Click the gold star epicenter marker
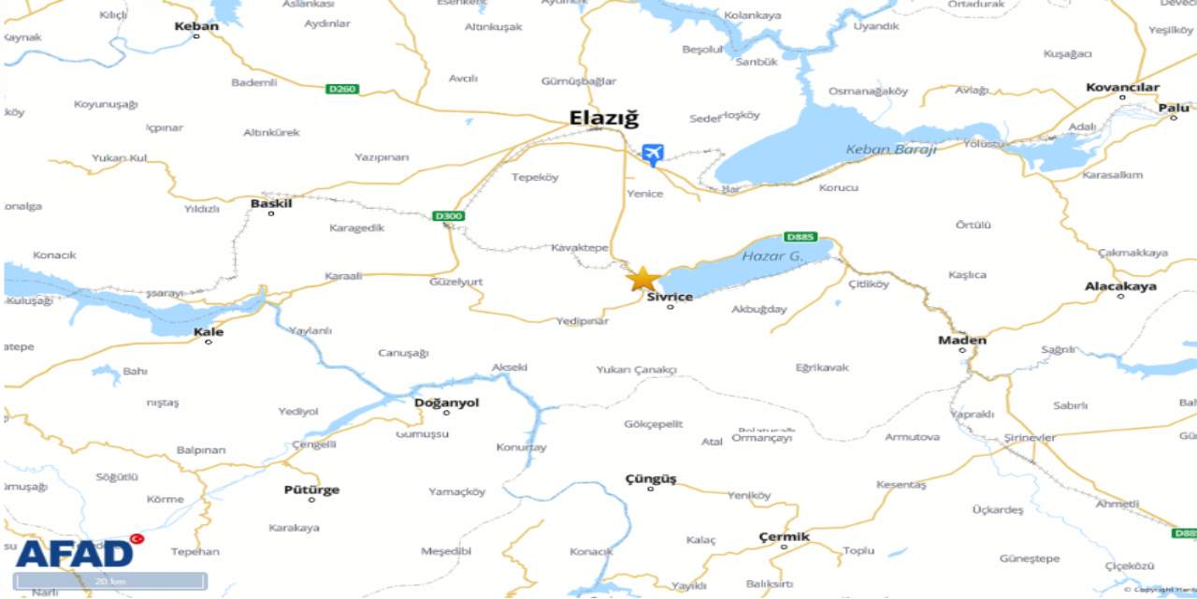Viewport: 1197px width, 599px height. pos(642,279)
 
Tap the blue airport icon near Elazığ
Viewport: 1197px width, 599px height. pos(653,154)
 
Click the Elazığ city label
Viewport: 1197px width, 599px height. pos(604,119)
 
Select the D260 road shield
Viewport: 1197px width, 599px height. pos(342,89)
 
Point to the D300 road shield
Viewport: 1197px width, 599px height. pos(449,216)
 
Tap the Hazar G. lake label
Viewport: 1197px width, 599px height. pos(772,256)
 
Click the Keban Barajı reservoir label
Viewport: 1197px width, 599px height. pos(890,149)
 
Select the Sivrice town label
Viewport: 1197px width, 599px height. pos(670,297)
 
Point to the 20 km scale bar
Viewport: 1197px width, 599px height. pos(110,581)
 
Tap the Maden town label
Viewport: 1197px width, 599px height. pos(962,340)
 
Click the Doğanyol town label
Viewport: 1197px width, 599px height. pos(446,402)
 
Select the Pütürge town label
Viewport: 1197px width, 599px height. pos(311,489)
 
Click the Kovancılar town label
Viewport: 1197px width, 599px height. pos(1122,87)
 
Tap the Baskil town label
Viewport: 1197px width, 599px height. pos(271,203)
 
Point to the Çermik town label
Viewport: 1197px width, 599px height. pos(784,536)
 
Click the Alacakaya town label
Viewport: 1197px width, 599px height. pos(1120,286)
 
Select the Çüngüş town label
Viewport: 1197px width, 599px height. pos(650,478)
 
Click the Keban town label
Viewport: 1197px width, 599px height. pos(196,26)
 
